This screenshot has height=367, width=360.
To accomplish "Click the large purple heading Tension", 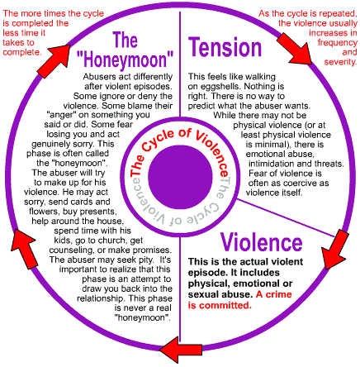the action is pos(225,47).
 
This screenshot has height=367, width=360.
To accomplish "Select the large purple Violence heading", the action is pos(262,242).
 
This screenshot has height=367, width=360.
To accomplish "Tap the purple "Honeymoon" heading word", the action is pos(125,60).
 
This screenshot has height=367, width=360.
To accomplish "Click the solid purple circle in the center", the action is pos(180,177).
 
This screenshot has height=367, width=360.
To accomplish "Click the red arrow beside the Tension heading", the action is pos(295,49).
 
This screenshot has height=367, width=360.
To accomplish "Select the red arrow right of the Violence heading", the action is pos(334,250).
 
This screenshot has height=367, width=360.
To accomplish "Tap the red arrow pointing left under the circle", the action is pos(181,350).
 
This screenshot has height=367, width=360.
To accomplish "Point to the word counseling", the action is pos(72,250).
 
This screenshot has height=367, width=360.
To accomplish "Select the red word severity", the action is pos(340,62).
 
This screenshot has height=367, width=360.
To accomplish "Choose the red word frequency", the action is pos(338,43).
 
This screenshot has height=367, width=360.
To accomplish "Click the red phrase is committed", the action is pos(220,305).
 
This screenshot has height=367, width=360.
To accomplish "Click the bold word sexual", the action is pos(203,294).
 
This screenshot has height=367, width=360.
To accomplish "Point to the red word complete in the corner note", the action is pos(22,52).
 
